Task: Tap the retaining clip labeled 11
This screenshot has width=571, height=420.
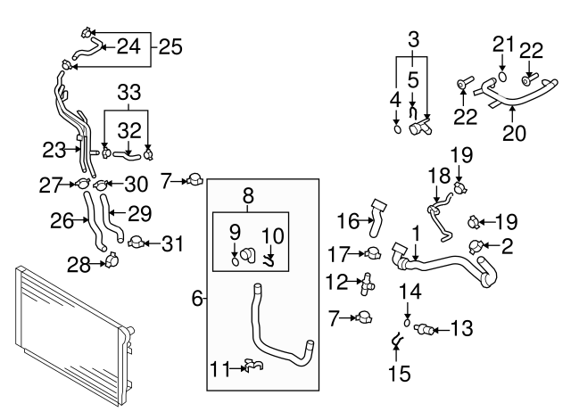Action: (x=252, y=364)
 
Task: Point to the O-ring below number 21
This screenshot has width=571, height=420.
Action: (x=501, y=78)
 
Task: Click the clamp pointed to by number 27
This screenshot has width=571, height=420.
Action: (x=81, y=185)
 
